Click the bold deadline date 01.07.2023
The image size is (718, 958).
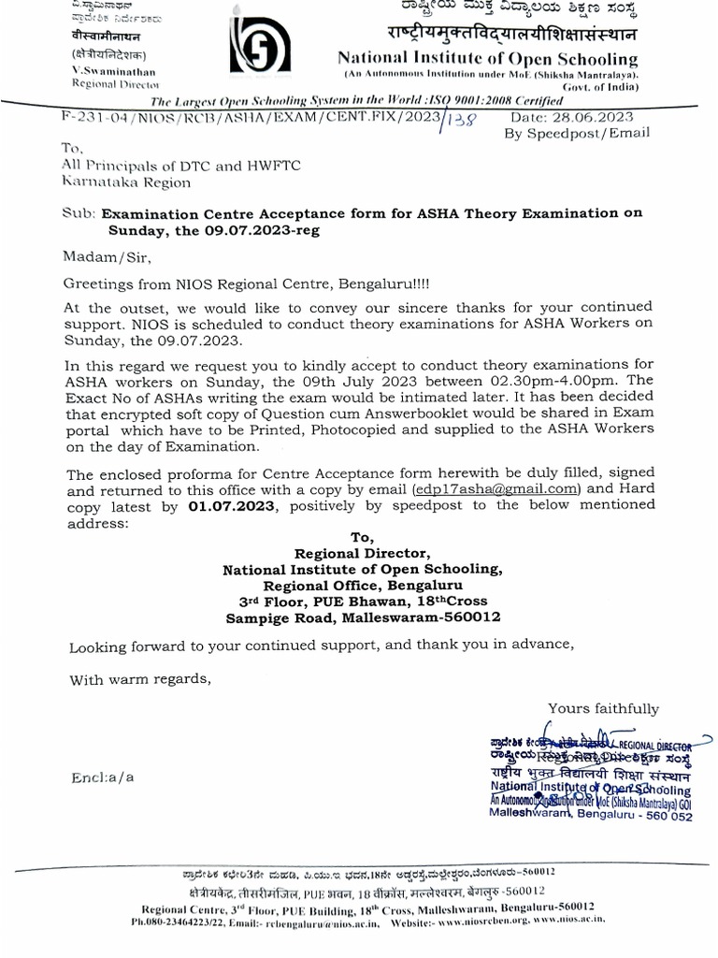pos(233,506)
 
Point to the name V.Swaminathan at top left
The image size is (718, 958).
pos(113,71)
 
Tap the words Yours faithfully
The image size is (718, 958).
pos(603,708)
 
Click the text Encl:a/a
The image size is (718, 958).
pos(102,777)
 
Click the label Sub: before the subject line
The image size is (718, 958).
pos(78,213)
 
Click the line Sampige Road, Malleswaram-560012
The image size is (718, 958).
pos(363,617)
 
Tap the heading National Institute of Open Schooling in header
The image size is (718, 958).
pos(487,58)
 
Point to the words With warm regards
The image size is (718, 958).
pos(140,680)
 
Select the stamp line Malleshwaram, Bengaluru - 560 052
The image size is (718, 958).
pos(591,815)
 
